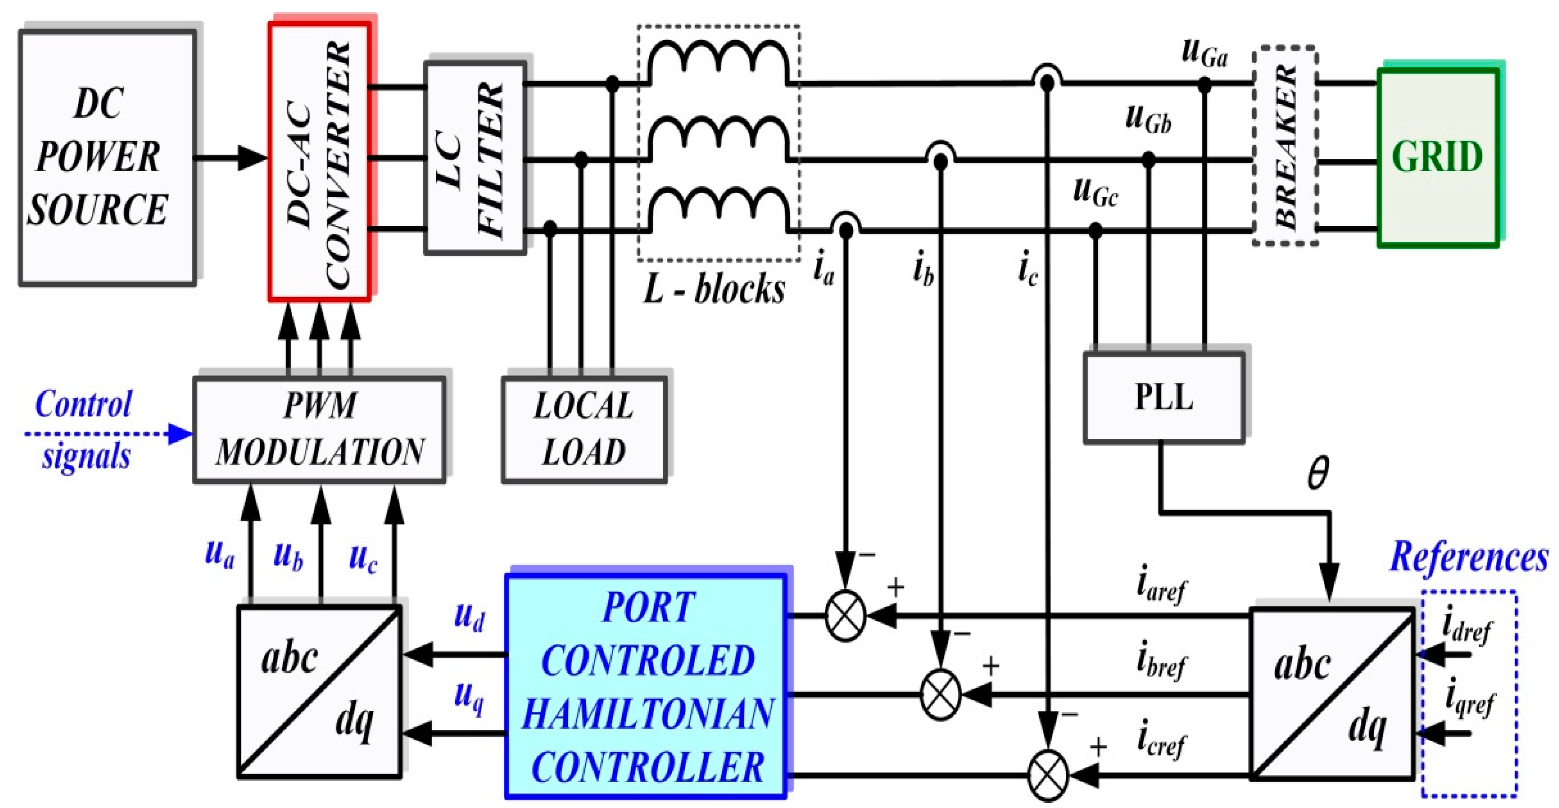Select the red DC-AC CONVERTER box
tap(320, 162)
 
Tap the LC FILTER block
tap(475, 157)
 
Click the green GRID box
tap(1437, 157)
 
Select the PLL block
tap(1164, 398)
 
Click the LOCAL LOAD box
tap(584, 429)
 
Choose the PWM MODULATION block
tap(320, 429)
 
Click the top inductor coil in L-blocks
tap(718, 60)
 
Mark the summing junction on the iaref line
tap(845, 616)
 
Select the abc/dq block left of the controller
tap(319, 691)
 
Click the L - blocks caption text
tap(714, 289)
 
